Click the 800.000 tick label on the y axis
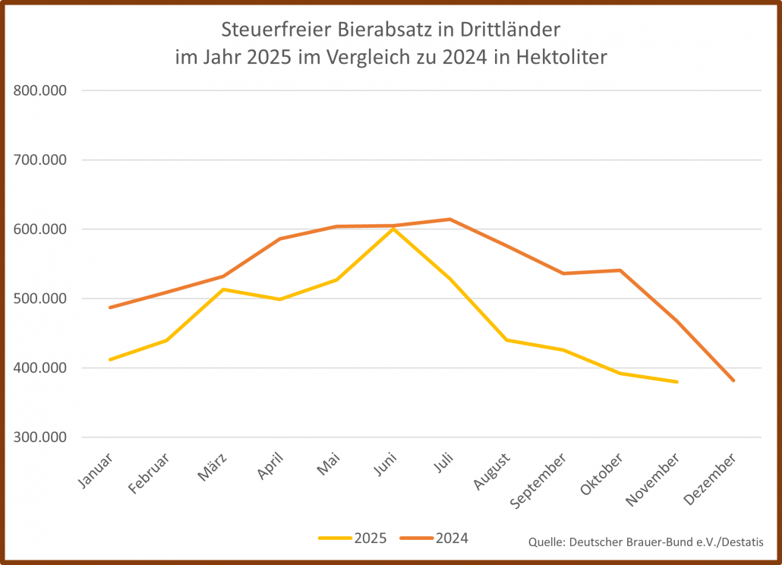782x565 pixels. (x=41, y=90)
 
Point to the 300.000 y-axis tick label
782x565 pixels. (x=41, y=437)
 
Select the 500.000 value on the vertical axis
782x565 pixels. (x=41, y=298)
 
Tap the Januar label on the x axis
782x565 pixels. (x=96, y=471)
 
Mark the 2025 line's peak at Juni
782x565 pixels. (x=393, y=228)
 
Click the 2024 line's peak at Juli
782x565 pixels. (x=450, y=219)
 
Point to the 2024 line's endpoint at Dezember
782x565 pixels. (x=733, y=380)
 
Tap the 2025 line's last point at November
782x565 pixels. (x=676, y=382)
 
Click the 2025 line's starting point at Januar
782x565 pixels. (x=110, y=359)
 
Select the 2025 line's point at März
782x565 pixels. (x=223, y=289)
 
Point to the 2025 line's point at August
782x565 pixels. (x=506, y=340)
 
